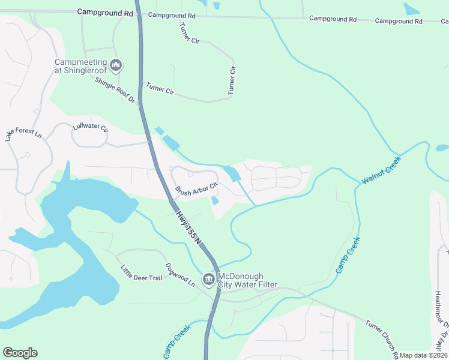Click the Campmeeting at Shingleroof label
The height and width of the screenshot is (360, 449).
80,66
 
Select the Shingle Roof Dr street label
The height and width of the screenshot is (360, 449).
115,91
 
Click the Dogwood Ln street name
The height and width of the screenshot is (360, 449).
180,274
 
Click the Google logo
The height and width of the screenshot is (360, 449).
20,353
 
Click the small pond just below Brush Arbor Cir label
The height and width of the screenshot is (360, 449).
215,200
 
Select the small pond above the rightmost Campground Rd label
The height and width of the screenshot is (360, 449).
412,9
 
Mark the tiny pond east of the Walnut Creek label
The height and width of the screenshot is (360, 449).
442,147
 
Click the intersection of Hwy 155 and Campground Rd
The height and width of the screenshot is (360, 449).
138,13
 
